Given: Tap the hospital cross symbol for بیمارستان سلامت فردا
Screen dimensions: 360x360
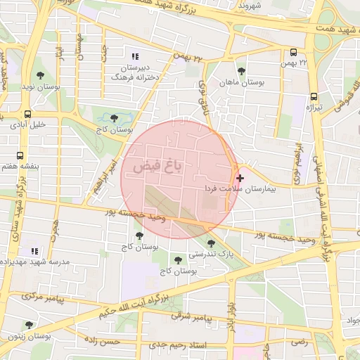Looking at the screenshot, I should pyautogui.click(x=240, y=179).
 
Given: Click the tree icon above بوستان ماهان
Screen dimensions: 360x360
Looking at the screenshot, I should pyautogui.click(x=242, y=71).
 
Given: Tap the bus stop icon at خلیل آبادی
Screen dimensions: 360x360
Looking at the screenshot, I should pyautogui.click(x=27, y=114).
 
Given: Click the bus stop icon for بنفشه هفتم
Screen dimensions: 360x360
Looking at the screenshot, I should pyautogui.click(x=20, y=155).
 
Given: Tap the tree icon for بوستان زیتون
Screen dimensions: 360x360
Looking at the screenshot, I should pyautogui.click(x=29, y=325).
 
